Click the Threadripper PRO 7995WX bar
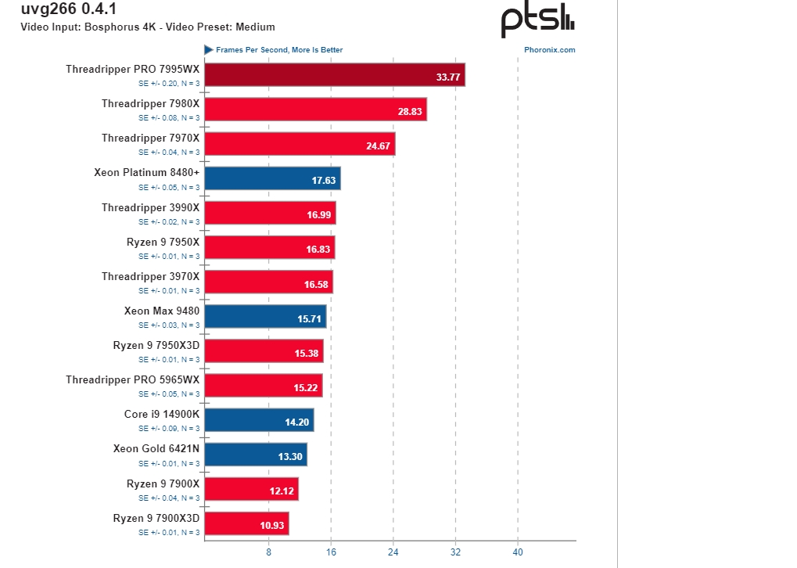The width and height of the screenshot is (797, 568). pos(335,75)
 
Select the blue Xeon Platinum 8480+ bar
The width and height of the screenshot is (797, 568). pos(272,178)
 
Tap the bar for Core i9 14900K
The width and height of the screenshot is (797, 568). pos(259,420)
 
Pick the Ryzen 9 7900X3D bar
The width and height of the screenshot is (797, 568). pos(246,523)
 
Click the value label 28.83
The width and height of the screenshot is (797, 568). pos(410,112)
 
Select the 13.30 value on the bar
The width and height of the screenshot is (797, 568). pos(290,457)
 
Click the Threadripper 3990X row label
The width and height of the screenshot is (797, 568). pos(151,207)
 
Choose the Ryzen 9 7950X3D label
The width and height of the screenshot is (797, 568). pos(156,345)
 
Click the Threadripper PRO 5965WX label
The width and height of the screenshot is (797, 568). pos(133,379)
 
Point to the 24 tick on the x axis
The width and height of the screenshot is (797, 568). pos(393,552)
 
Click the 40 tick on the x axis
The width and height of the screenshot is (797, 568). pos(518,552)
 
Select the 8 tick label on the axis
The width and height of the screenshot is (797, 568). pos(269,552)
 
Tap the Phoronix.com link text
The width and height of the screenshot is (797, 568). pos(550,50)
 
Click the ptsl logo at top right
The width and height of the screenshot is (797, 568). pos(538,22)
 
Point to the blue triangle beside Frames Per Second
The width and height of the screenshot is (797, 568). pos(209,49)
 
